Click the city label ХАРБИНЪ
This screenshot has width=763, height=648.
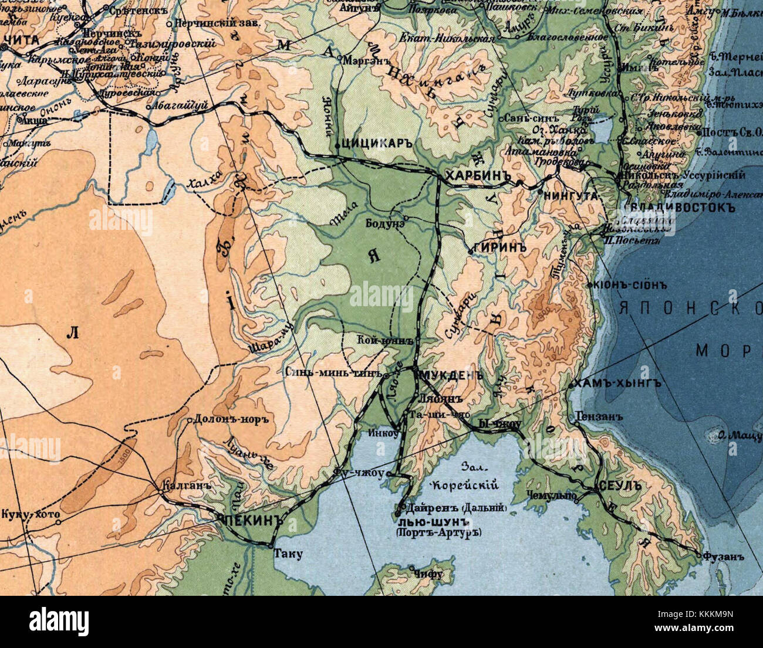coord(475,177)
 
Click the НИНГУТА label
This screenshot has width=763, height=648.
coord(570,195)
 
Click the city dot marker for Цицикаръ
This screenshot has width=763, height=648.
coord(337,145)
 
